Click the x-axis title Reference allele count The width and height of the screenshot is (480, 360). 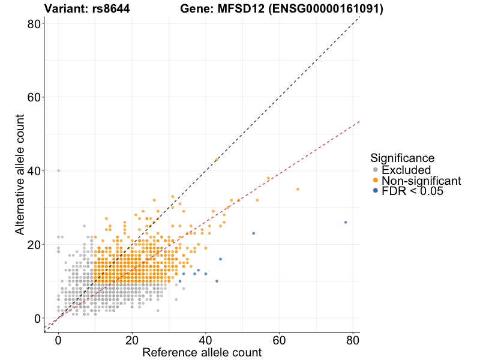[202, 352]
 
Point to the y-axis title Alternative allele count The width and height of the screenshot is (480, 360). [20, 177]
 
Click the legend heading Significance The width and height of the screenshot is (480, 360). [402, 158]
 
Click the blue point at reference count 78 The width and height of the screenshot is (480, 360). [346, 222]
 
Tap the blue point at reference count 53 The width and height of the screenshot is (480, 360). [254, 233]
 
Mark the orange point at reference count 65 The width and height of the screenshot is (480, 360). [298, 189]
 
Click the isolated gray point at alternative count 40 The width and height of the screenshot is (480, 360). [58, 170]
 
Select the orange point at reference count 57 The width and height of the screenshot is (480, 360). [268, 178]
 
